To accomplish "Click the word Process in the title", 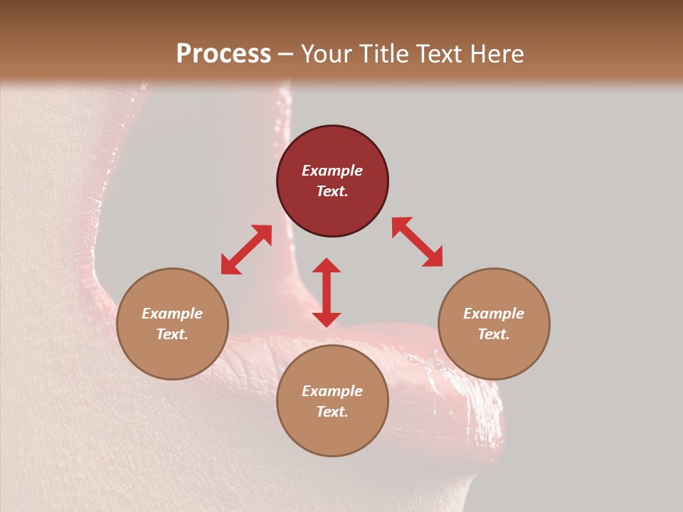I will tap(223, 54).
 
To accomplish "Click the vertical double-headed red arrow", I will tap(327, 292).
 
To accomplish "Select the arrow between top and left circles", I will tap(246, 250).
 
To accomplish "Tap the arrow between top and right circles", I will tap(417, 242).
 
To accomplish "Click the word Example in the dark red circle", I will tap(332, 171).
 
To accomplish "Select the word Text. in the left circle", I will tap(172, 334).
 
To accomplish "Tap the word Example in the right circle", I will tap(493, 314).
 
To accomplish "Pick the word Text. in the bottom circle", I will tap(332, 412).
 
